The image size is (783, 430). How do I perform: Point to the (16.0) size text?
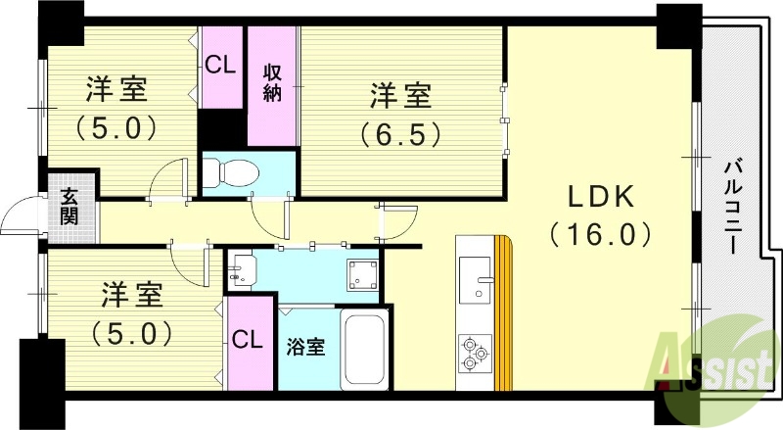tap(601, 234)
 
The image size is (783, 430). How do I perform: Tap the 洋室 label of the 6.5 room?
tap(399, 96)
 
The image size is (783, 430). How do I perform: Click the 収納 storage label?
tap(273, 84)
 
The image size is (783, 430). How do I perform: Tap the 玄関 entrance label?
tap(70, 206)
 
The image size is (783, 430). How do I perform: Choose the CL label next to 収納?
tap(219, 66)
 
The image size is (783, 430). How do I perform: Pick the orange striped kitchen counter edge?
tap(503, 313)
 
